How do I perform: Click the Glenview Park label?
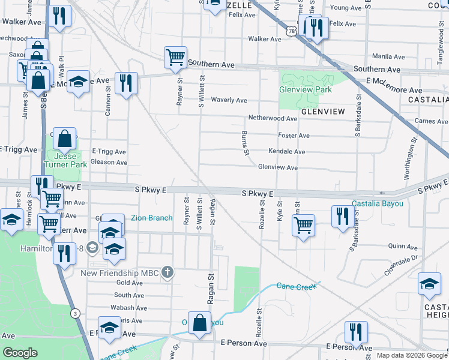(x=305, y=89)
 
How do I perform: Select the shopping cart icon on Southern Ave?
(x=175, y=58)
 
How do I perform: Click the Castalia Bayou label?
(x=378, y=203)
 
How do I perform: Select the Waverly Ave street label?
(x=229, y=100)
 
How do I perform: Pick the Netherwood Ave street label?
(x=273, y=118)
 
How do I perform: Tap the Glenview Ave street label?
(x=278, y=168)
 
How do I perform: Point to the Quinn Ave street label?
(x=403, y=246)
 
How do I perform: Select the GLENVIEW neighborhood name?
(x=323, y=112)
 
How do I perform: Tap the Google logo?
(x=20, y=353)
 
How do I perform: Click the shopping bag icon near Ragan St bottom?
(x=199, y=323)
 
